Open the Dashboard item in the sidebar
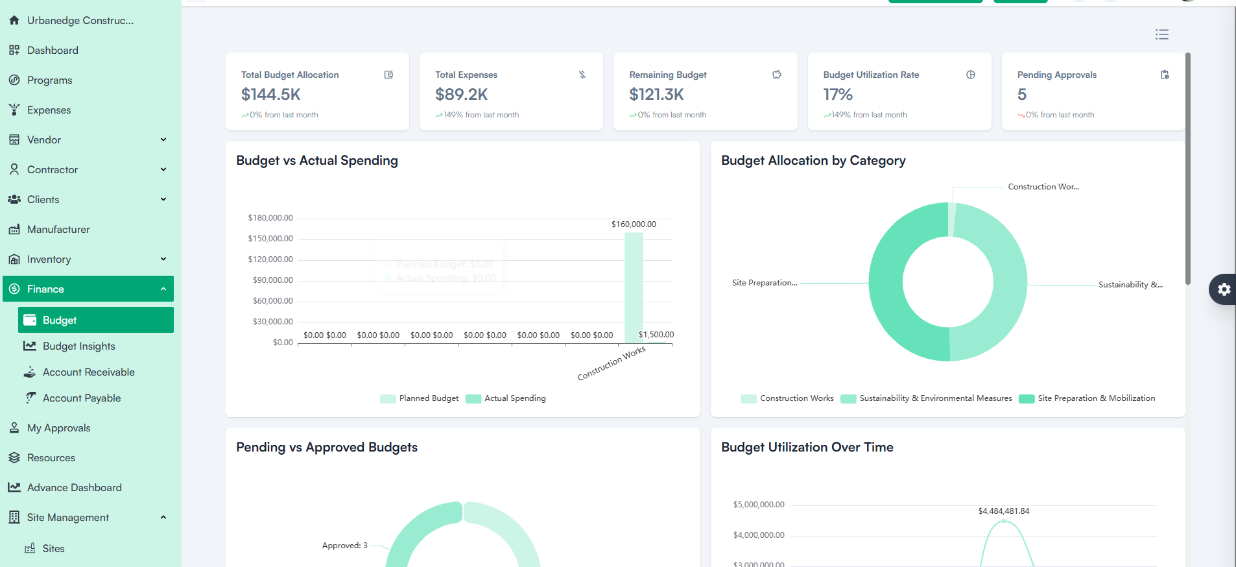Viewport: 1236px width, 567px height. pyautogui.click(x=53, y=51)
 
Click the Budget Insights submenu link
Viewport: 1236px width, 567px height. pyautogui.click(x=78, y=346)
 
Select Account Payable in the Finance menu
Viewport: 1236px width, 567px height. pyautogui.click(x=82, y=398)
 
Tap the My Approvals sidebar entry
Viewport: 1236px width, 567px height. pyautogui.click(x=58, y=428)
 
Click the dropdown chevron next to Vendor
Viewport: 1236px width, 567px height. pyautogui.click(x=163, y=139)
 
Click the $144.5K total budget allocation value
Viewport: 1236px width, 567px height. pyautogui.click(x=271, y=95)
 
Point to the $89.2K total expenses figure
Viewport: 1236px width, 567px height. pyautogui.click(x=461, y=95)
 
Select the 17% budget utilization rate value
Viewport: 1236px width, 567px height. pyautogui.click(x=838, y=95)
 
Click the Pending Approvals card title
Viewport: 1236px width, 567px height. pyautogui.click(x=1056, y=75)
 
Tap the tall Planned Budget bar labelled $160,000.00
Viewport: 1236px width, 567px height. pyautogui.click(x=634, y=285)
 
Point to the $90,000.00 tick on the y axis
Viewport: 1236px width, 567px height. pyautogui.click(x=272, y=280)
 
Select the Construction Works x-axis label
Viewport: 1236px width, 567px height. pyautogui.click(x=611, y=363)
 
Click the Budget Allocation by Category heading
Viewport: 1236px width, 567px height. pyautogui.click(x=813, y=160)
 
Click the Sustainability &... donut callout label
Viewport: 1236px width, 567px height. pyautogui.click(x=1130, y=285)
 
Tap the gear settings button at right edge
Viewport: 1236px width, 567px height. pyautogui.click(x=1223, y=289)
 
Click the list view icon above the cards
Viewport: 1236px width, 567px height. pyautogui.click(x=1161, y=34)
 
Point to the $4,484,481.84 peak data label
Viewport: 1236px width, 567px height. pyautogui.click(x=1003, y=511)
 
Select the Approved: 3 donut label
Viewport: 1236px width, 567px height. pyautogui.click(x=344, y=546)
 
